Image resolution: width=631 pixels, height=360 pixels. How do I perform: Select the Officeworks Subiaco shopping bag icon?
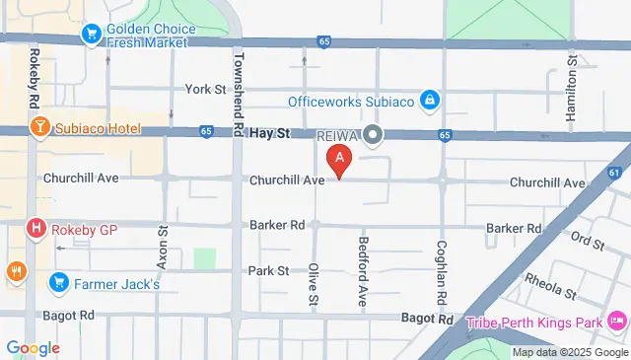(x=429, y=101)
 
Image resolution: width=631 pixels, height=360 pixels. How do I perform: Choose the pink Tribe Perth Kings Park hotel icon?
(x=617, y=322)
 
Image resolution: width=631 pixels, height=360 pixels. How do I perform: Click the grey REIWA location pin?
(x=372, y=135)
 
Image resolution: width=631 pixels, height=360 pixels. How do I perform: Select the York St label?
(x=206, y=90)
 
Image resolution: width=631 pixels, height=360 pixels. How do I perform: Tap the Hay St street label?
(x=267, y=131)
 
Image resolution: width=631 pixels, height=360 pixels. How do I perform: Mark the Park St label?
(x=267, y=270)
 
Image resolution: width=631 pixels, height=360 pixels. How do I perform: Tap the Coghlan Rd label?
(x=443, y=271)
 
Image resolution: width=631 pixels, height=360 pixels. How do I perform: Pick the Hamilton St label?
(x=571, y=88)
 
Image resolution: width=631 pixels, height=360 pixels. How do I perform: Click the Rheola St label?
(x=550, y=287)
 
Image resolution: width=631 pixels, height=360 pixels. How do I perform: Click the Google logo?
(x=33, y=347)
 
